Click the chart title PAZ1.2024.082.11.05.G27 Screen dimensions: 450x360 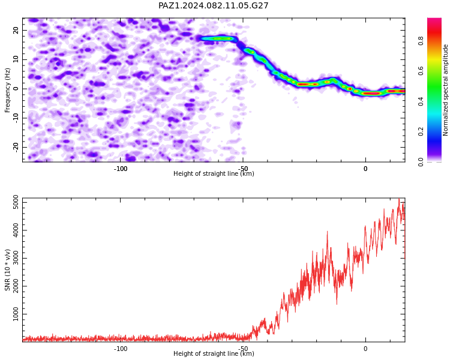point(213,5)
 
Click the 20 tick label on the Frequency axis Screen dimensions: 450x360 point(16,30)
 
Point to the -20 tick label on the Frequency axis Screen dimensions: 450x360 point(16,148)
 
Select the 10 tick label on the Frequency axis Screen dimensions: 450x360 point(16,59)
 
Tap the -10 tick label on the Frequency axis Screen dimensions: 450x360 point(16,118)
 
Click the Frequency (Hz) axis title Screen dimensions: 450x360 point(7,90)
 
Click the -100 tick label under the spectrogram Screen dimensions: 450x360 point(121,169)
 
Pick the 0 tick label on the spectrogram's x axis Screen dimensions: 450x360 point(365,169)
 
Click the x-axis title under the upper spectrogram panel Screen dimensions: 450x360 point(214,173)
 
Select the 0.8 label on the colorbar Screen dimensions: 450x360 point(421,41)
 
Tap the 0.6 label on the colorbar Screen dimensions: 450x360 point(421,71)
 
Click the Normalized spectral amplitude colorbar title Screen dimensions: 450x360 point(445,90)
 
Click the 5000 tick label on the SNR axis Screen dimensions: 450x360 point(16,203)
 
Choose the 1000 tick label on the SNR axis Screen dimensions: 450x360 point(16,314)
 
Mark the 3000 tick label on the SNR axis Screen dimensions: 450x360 point(16,259)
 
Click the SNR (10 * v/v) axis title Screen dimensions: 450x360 point(7,270)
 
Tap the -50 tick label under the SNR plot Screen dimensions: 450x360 point(243,349)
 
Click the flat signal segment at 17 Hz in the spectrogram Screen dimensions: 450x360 point(218,38)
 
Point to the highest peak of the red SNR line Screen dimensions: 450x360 point(399,199)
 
